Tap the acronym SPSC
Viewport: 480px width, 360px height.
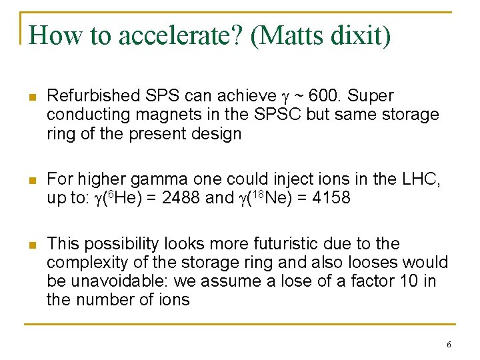(x=279, y=115)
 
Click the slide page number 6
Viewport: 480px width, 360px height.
(x=449, y=345)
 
